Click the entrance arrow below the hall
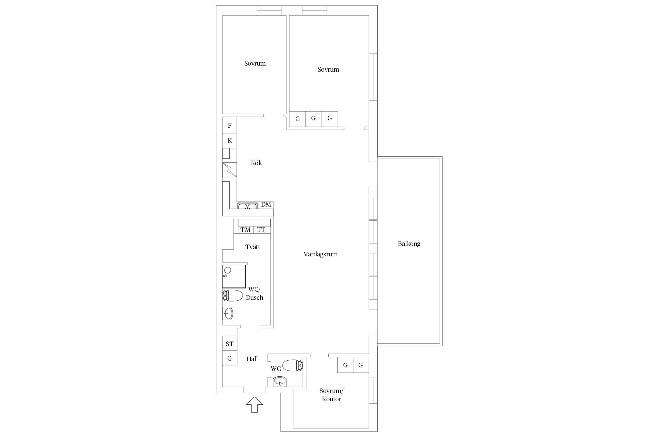254,404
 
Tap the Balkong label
409,244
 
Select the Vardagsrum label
321,254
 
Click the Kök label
256,163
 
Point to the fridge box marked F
229,126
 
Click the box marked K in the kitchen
229,141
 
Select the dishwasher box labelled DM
266,205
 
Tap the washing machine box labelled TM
245,230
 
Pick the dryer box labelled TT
261,230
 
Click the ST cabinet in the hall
229,344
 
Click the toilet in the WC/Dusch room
232,295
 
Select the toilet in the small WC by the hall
293,365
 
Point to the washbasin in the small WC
280,381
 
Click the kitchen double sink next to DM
247,206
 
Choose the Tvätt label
253,247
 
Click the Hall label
252,359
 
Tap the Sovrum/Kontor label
331,395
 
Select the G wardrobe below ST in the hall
229,358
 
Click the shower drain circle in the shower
228,270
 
